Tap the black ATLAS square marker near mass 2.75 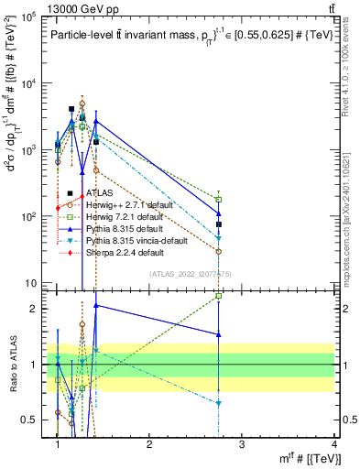click(219, 224)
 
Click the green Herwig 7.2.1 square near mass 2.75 click(219, 199)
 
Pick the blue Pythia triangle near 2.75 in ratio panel click(219, 334)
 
